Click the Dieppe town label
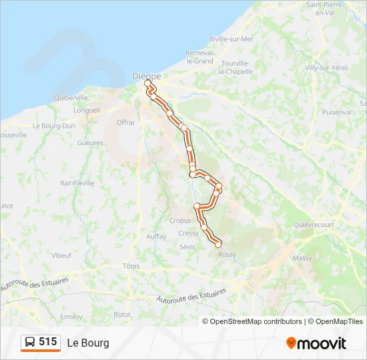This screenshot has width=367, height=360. pos(146,76)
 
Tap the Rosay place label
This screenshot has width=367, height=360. pos(228,255)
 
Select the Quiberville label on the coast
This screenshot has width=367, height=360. pos(71,97)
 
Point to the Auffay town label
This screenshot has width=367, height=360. pos(156,236)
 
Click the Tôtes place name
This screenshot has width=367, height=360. pos(131,266)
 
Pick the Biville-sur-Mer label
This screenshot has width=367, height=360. pos(232,39)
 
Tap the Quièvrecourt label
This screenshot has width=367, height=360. pos(314,225)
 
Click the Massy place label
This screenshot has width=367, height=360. pos(302,257)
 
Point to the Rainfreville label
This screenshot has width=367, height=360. pos(77,183)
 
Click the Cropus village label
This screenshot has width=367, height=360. pos(180,221)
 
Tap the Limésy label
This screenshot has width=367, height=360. pos(71,317)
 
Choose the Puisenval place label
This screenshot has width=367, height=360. pos(337,112)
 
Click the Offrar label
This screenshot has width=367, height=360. pos(125,123)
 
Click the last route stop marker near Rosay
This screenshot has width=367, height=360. pos(218,245)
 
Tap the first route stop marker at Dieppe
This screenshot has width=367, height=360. pos(147,83)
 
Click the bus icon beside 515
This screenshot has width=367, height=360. pos(31,343)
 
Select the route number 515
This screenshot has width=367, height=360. pos(48,342)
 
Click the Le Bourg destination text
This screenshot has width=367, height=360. pos(88,343)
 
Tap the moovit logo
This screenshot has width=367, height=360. pos(316,343)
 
